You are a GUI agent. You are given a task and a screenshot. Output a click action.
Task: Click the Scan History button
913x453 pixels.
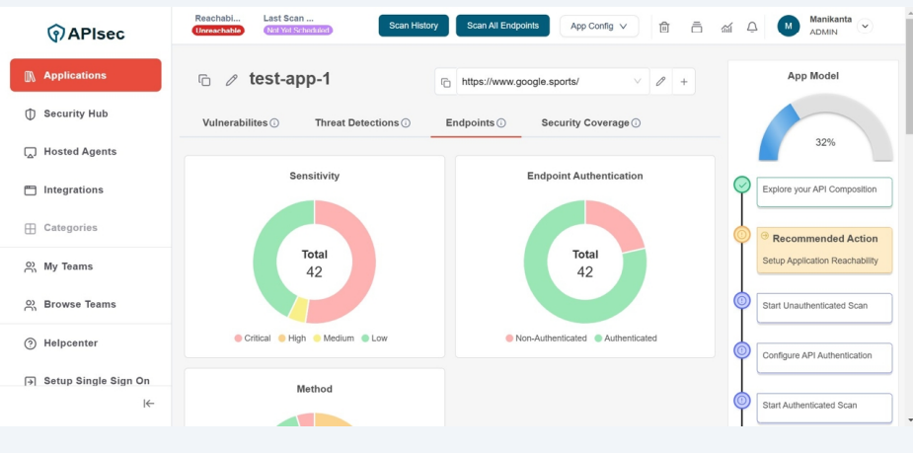[414, 26]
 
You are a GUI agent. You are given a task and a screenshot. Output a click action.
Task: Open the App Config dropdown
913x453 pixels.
[598, 27]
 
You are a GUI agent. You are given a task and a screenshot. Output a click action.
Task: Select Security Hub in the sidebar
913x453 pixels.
[75, 113]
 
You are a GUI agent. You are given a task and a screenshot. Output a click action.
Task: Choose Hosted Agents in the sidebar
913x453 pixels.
[79, 152]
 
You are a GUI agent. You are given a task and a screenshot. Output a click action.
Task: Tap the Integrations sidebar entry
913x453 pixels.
[73, 189]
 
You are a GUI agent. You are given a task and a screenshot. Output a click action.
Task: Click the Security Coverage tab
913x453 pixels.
[584, 123]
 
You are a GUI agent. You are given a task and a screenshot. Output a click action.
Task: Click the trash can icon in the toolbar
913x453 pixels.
[664, 27]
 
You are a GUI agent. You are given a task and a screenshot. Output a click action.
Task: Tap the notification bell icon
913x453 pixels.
[752, 27]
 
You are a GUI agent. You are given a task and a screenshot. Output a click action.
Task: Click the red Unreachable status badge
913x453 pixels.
[218, 31]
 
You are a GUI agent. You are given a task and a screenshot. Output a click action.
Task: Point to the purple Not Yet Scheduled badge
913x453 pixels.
[298, 31]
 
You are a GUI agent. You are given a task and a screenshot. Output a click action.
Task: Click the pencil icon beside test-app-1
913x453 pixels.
[232, 80]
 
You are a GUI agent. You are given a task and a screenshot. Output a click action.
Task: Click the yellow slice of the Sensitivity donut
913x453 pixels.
[298, 309]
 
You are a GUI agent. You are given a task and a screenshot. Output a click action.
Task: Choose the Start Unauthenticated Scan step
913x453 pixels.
[823, 306]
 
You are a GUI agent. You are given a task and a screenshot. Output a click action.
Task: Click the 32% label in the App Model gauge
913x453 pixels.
[825, 142]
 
